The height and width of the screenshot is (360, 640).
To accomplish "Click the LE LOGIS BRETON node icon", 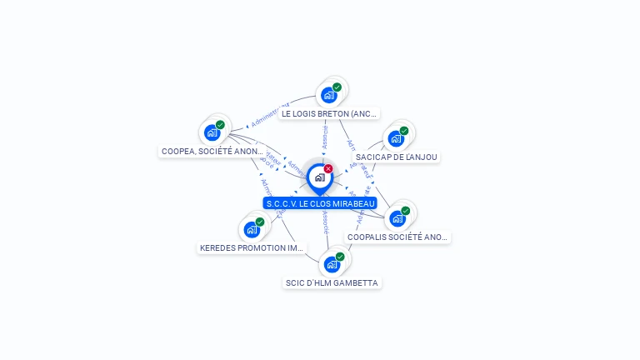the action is click(x=329, y=95).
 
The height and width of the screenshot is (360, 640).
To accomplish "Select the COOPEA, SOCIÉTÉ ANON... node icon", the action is click(x=212, y=132).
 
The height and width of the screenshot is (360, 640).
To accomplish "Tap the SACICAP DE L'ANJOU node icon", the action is click(x=396, y=138).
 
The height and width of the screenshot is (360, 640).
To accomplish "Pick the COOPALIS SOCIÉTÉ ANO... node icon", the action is click(x=397, y=218).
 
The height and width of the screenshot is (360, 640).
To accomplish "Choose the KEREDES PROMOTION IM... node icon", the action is click(x=252, y=229).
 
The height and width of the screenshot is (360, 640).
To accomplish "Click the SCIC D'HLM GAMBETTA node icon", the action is click(x=332, y=264).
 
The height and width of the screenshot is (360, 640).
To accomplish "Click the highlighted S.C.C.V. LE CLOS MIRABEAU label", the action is click(x=320, y=203).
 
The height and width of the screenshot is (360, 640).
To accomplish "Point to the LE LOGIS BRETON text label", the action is click(x=329, y=113).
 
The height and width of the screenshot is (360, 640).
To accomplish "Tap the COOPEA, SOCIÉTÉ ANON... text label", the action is click(x=212, y=152).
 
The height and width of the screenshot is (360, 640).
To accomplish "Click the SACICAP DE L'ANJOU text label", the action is click(x=396, y=157).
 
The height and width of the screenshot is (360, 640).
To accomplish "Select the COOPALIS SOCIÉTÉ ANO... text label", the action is click(x=397, y=237).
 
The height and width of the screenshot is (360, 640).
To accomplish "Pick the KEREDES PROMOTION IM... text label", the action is click(x=252, y=248).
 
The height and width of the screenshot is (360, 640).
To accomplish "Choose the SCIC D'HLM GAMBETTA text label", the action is click(x=332, y=283).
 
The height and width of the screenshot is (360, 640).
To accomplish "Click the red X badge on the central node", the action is click(x=328, y=169).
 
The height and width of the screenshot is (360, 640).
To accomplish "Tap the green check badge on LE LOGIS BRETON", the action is click(x=337, y=87).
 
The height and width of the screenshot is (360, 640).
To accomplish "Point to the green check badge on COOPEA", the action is click(x=220, y=125).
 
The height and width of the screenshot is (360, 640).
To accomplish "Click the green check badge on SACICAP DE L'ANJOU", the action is click(x=404, y=131).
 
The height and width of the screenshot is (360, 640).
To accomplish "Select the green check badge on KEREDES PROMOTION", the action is click(x=260, y=222).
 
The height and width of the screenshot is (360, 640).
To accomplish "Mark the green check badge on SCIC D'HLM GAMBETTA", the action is click(x=340, y=257).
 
